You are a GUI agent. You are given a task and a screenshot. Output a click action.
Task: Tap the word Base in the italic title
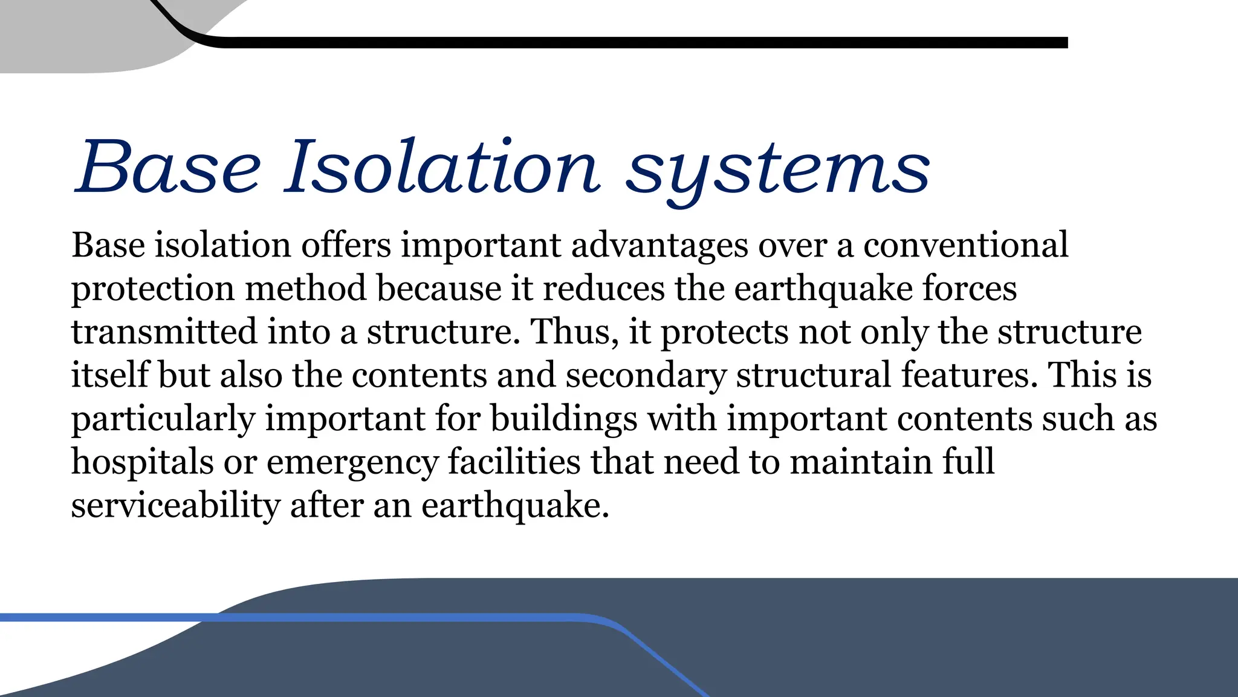coord(167,166)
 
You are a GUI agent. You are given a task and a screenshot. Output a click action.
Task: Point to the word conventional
coord(965,245)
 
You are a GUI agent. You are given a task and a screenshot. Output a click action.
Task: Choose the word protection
coord(152,289)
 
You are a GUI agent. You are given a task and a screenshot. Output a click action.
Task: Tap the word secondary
coord(645,375)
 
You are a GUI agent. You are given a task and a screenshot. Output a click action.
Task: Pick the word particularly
coord(163,419)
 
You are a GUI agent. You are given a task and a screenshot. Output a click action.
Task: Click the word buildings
coord(563,419)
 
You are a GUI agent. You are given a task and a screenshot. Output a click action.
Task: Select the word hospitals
coord(143,462)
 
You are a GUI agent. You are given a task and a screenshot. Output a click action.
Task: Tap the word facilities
coord(514,462)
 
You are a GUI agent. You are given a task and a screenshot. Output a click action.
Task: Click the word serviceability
coord(176,506)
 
